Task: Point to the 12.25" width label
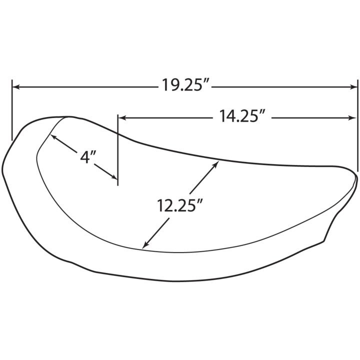pyautogui.click(x=180, y=205)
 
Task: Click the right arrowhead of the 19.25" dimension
pyautogui.click(x=354, y=87)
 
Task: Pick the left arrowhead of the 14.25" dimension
pyautogui.click(x=121, y=118)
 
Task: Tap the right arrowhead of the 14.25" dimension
pyautogui.click(x=352, y=118)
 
